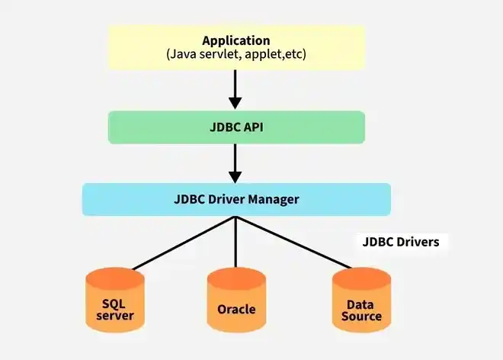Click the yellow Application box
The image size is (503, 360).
(236, 47)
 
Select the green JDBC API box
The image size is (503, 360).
(236, 127)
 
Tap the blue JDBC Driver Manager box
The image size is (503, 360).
(236, 199)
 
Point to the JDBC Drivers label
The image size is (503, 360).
(401, 243)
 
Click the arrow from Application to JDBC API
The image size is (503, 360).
(235, 89)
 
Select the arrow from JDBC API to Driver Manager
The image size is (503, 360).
(235, 162)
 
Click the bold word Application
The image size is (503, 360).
(236, 40)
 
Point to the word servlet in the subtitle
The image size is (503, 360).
(224, 55)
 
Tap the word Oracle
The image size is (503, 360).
(236, 310)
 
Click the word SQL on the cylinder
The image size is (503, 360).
(115, 304)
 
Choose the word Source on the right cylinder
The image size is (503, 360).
(362, 316)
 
